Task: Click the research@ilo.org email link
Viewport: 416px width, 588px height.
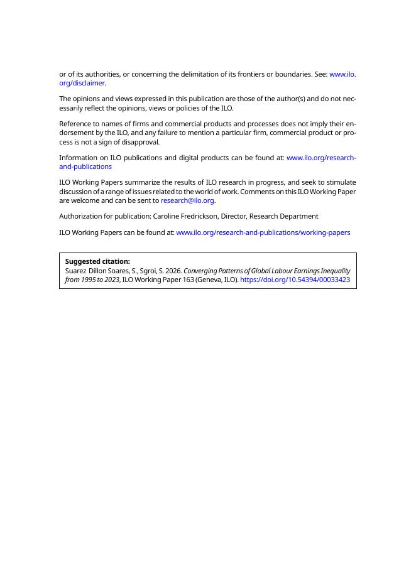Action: [187, 200]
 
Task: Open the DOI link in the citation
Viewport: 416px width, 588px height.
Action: [295, 280]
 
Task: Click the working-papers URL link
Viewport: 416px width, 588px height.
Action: [263, 232]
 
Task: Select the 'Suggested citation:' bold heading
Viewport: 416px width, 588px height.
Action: [97, 261]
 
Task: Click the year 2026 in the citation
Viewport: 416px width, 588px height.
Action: [173, 271]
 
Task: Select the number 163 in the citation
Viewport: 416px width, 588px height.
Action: [188, 280]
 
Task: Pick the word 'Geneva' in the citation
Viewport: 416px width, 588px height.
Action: [209, 280]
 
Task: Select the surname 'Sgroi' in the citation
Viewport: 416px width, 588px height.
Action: [148, 271]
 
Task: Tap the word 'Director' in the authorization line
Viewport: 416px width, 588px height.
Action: [233, 216]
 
